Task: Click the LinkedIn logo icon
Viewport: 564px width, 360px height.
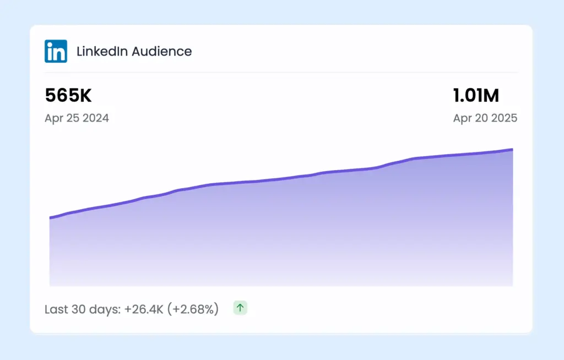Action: point(56,51)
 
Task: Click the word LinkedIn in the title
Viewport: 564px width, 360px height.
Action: point(101,52)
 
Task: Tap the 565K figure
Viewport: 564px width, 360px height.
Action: point(68,96)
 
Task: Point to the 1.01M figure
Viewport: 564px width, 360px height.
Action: point(476,96)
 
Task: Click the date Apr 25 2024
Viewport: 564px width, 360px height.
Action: point(77,118)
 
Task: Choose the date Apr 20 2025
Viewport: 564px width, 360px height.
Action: point(485,118)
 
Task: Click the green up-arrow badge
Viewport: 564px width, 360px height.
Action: point(240,308)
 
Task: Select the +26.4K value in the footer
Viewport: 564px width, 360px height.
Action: point(144,309)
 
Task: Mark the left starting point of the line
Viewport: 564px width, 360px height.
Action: point(50,218)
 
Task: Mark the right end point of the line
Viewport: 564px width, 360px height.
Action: point(512,149)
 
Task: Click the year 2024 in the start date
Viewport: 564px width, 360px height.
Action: point(96,118)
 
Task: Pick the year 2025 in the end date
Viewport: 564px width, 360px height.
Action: point(504,118)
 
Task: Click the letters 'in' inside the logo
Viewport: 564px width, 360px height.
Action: point(56,52)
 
